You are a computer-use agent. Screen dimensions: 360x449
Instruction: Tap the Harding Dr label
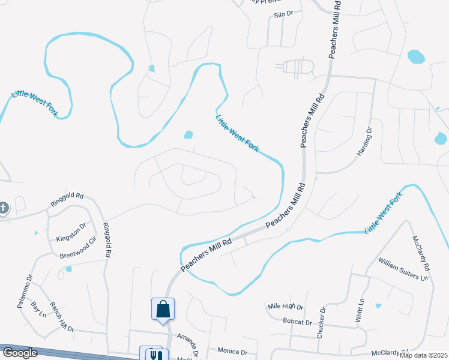[365, 142]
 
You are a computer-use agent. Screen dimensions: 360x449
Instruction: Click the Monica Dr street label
[232, 352]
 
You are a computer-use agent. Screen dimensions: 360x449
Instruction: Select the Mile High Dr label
[286, 307]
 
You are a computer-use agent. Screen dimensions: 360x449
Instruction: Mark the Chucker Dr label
[322, 322]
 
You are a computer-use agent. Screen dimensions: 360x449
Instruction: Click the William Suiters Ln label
[403, 269]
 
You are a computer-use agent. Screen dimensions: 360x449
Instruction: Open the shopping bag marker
[163, 310]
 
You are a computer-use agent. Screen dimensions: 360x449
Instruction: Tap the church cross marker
[4, 208]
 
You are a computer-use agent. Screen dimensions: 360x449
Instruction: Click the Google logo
[20, 353]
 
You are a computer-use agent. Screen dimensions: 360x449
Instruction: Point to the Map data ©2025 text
[423, 355]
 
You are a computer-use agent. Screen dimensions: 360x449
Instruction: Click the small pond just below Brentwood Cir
[68, 269]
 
